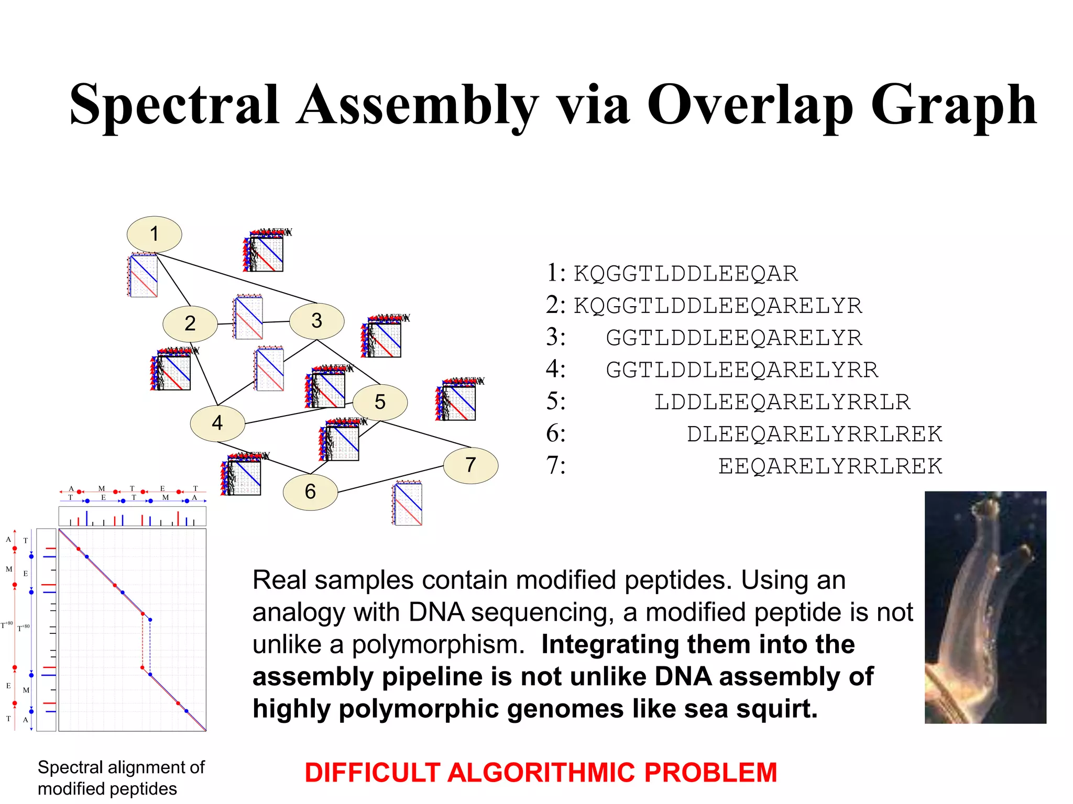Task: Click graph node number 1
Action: point(154,234)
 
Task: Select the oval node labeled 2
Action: point(190,323)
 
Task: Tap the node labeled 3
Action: point(316,321)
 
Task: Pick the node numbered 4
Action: point(217,423)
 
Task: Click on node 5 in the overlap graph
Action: point(380,402)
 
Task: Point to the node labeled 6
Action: point(310,492)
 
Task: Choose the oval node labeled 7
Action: point(470,465)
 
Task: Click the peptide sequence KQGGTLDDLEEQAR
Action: point(685,274)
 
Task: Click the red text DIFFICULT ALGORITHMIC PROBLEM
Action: point(541,773)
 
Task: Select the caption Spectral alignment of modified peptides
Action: point(121,778)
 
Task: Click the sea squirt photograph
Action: point(985,607)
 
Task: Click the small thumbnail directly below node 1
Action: point(143,276)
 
